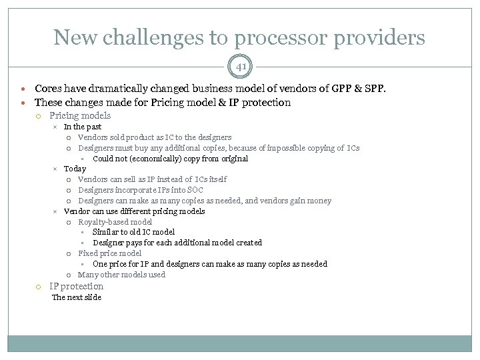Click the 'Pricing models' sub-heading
[80, 115]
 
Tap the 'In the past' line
[83, 127]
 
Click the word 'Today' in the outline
[75, 169]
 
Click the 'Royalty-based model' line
[115, 221]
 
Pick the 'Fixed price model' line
[109, 253]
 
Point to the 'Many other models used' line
[121, 275]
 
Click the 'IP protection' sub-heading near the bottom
[77, 286]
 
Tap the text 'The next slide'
[77, 297]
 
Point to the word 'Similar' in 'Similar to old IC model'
[106, 232]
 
